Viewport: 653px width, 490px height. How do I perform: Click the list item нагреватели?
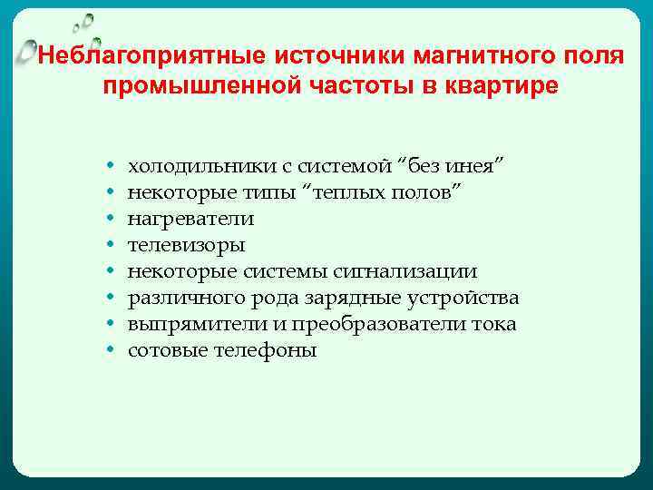[x=190, y=219]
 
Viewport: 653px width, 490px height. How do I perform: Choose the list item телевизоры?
[x=186, y=245]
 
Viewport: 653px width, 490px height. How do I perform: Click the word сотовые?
[x=164, y=350]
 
